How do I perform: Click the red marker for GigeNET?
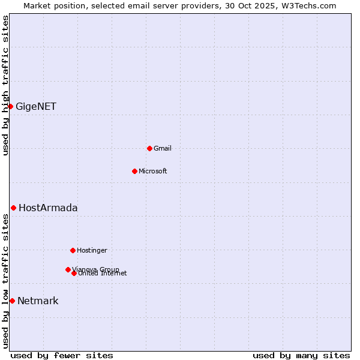[10, 106]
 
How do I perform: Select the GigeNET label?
[36, 107]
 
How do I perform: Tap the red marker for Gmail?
[149, 148]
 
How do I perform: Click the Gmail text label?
[163, 149]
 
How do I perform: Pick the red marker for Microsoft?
[134, 171]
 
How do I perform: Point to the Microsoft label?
[153, 172]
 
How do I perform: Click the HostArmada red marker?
[13, 208]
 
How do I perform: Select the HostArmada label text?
[48, 208]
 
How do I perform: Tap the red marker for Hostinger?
[73, 250]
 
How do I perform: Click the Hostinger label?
[92, 251]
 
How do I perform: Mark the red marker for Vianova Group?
[68, 269]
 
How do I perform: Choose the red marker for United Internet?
[74, 273]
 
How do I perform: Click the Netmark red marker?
[12, 301]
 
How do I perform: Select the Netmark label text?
[38, 301]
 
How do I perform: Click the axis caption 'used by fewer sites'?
[62, 356]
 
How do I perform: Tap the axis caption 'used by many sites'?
[301, 356]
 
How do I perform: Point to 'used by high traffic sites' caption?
[6, 85]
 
